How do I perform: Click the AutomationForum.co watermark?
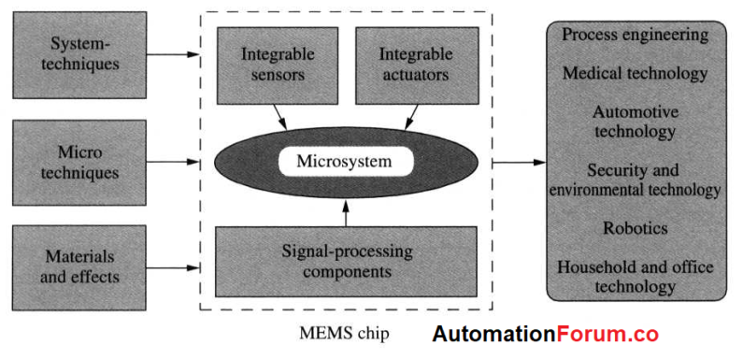tap(545, 334)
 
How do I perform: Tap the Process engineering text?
tap(635, 35)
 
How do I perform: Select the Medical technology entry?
tap(635, 73)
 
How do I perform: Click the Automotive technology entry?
tap(635, 122)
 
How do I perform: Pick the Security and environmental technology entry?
tap(635, 180)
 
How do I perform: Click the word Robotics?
tap(635, 227)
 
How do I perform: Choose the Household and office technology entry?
tap(635, 277)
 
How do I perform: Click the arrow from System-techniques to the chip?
tap(174, 53)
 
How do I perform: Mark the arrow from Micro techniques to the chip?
tap(174, 162)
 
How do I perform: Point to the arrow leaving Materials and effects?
tap(174, 269)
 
